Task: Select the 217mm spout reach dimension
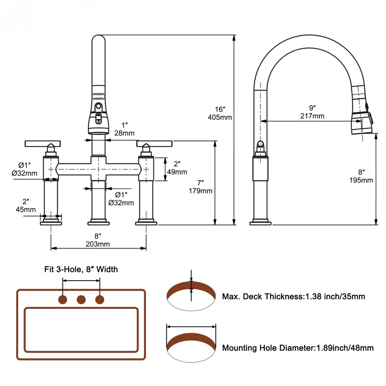click(313, 116)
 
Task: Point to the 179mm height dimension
click(200, 191)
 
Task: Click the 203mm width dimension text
click(98, 244)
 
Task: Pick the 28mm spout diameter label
click(124, 134)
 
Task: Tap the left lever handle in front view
click(42, 144)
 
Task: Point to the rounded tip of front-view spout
click(98, 41)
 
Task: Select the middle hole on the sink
click(81, 299)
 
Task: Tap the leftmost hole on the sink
click(63, 299)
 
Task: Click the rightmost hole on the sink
click(100, 299)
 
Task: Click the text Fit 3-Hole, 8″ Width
click(81, 269)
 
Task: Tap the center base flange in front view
click(98, 222)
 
